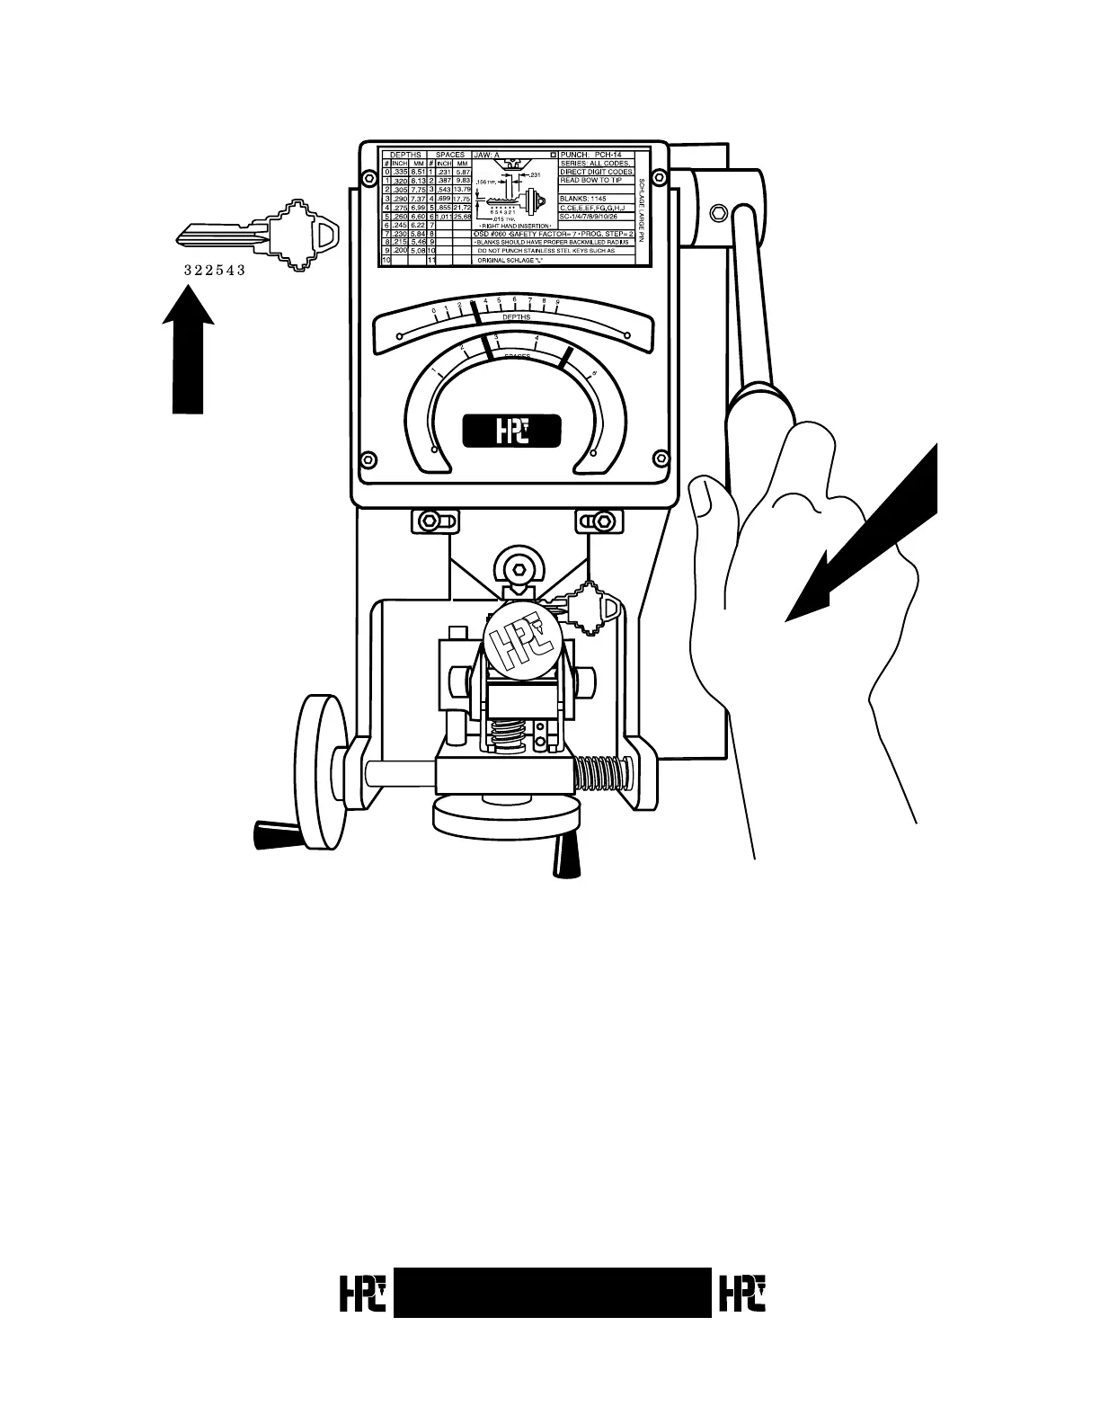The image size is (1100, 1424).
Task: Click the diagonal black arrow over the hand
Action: (863, 539)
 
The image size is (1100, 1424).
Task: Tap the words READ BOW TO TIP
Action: (590, 180)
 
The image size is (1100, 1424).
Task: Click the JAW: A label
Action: (486, 155)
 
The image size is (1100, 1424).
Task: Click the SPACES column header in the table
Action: (449, 155)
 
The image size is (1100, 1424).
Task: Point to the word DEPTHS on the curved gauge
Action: (516, 317)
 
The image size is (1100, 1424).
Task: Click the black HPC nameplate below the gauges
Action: (512, 432)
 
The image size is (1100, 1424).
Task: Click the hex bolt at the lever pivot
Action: (717, 212)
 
